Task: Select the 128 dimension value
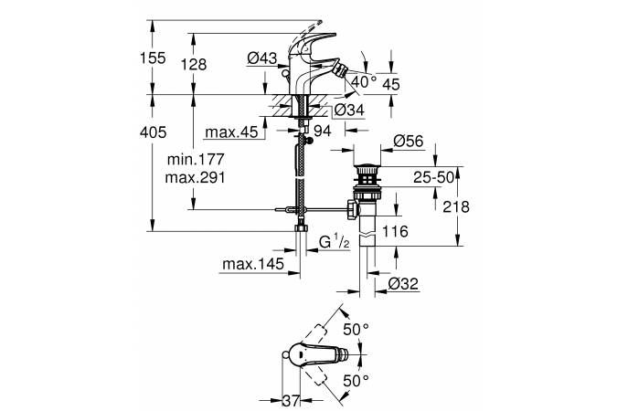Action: tap(193, 65)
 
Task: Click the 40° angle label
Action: tap(363, 81)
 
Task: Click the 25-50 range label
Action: tap(433, 176)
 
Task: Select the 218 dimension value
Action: tap(454, 207)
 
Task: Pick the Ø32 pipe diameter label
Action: tap(402, 284)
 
